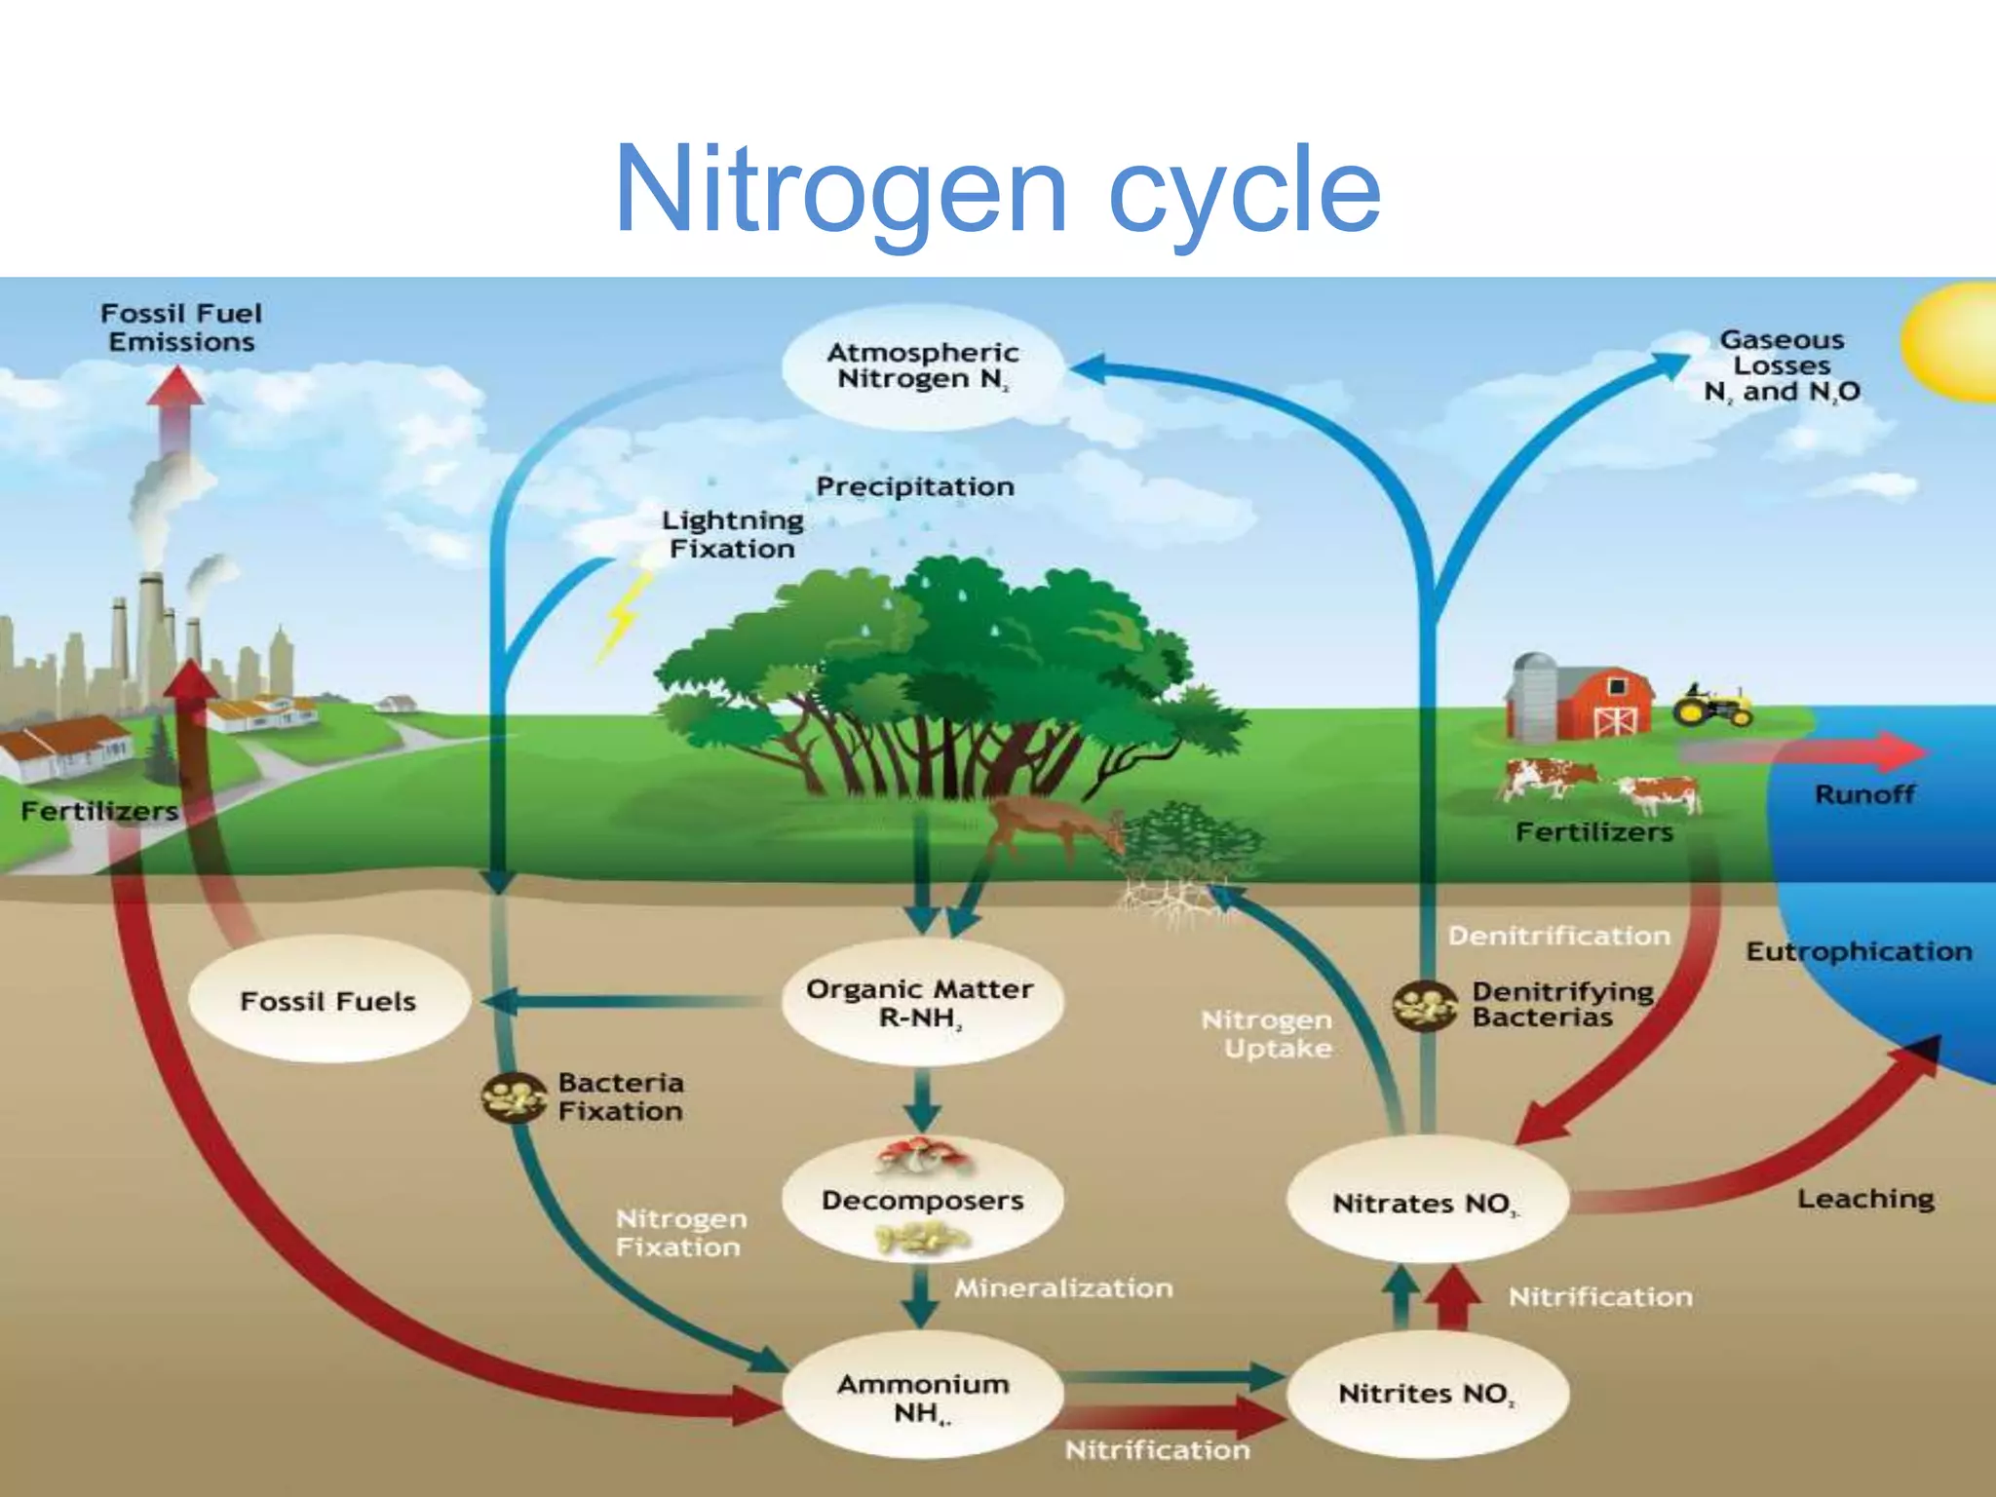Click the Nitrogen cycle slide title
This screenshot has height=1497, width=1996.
[997, 189]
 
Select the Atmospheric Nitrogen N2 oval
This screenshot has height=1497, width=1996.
[921, 366]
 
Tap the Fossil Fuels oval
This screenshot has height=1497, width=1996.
[328, 1001]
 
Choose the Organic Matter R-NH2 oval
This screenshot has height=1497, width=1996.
[920, 1003]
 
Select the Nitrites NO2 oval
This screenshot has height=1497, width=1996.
[1427, 1394]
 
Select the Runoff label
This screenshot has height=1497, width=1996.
[1863, 794]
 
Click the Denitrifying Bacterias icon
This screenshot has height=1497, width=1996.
[1424, 1006]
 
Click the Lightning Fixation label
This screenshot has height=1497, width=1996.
[733, 534]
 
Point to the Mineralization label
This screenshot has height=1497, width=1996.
[1063, 1288]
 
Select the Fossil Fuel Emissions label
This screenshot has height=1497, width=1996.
[181, 327]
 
